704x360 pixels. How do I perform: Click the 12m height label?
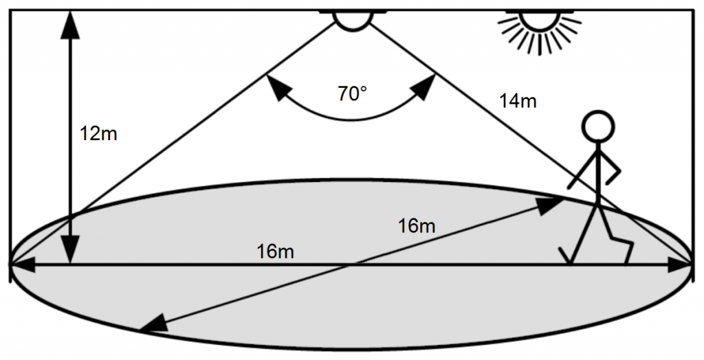tap(98, 133)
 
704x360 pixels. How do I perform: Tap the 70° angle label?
tap(353, 94)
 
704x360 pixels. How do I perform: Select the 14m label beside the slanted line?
tap(518, 102)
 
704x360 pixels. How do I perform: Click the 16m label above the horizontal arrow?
tap(275, 252)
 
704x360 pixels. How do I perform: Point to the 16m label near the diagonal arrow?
tap(417, 226)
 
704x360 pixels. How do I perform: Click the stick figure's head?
tap(598, 126)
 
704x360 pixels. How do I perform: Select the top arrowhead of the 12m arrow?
tap(71, 25)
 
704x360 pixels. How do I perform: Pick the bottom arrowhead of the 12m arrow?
tap(71, 249)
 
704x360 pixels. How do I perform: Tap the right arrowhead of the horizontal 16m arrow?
tap(679, 265)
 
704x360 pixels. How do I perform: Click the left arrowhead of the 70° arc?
tap(276, 86)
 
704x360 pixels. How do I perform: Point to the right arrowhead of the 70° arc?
tap(425, 86)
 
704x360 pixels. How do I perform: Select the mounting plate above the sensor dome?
tap(353, 11)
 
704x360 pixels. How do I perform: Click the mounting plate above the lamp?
tap(540, 11)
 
